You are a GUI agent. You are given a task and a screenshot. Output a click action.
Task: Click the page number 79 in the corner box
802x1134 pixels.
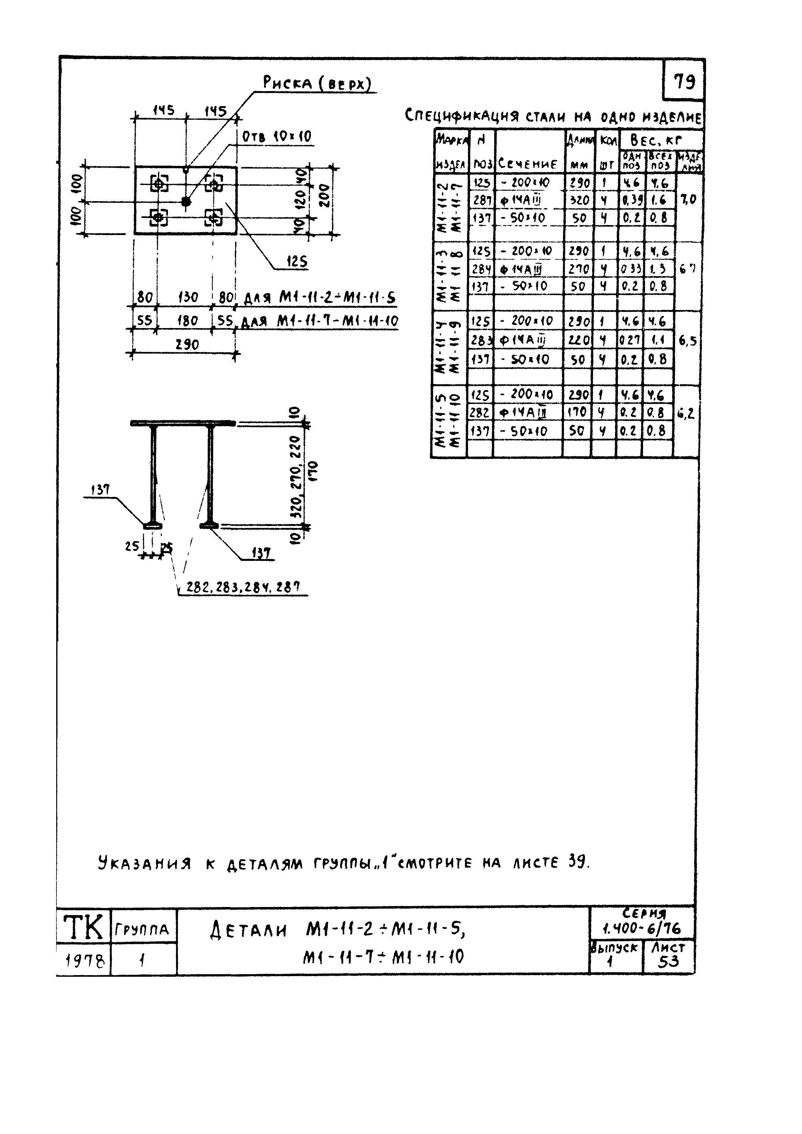tap(684, 80)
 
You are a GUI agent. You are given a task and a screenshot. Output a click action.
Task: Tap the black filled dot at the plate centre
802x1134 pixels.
tap(186, 201)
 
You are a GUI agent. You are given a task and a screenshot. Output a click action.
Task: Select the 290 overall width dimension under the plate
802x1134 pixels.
tap(187, 344)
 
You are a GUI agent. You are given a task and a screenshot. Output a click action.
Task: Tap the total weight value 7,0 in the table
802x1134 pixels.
tap(688, 200)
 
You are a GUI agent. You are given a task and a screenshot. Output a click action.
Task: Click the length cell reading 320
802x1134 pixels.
tap(578, 200)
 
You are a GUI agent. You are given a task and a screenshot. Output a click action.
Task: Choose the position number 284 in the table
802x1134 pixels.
tap(481, 269)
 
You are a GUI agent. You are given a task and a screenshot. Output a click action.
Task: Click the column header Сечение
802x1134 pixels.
tap(528, 163)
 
